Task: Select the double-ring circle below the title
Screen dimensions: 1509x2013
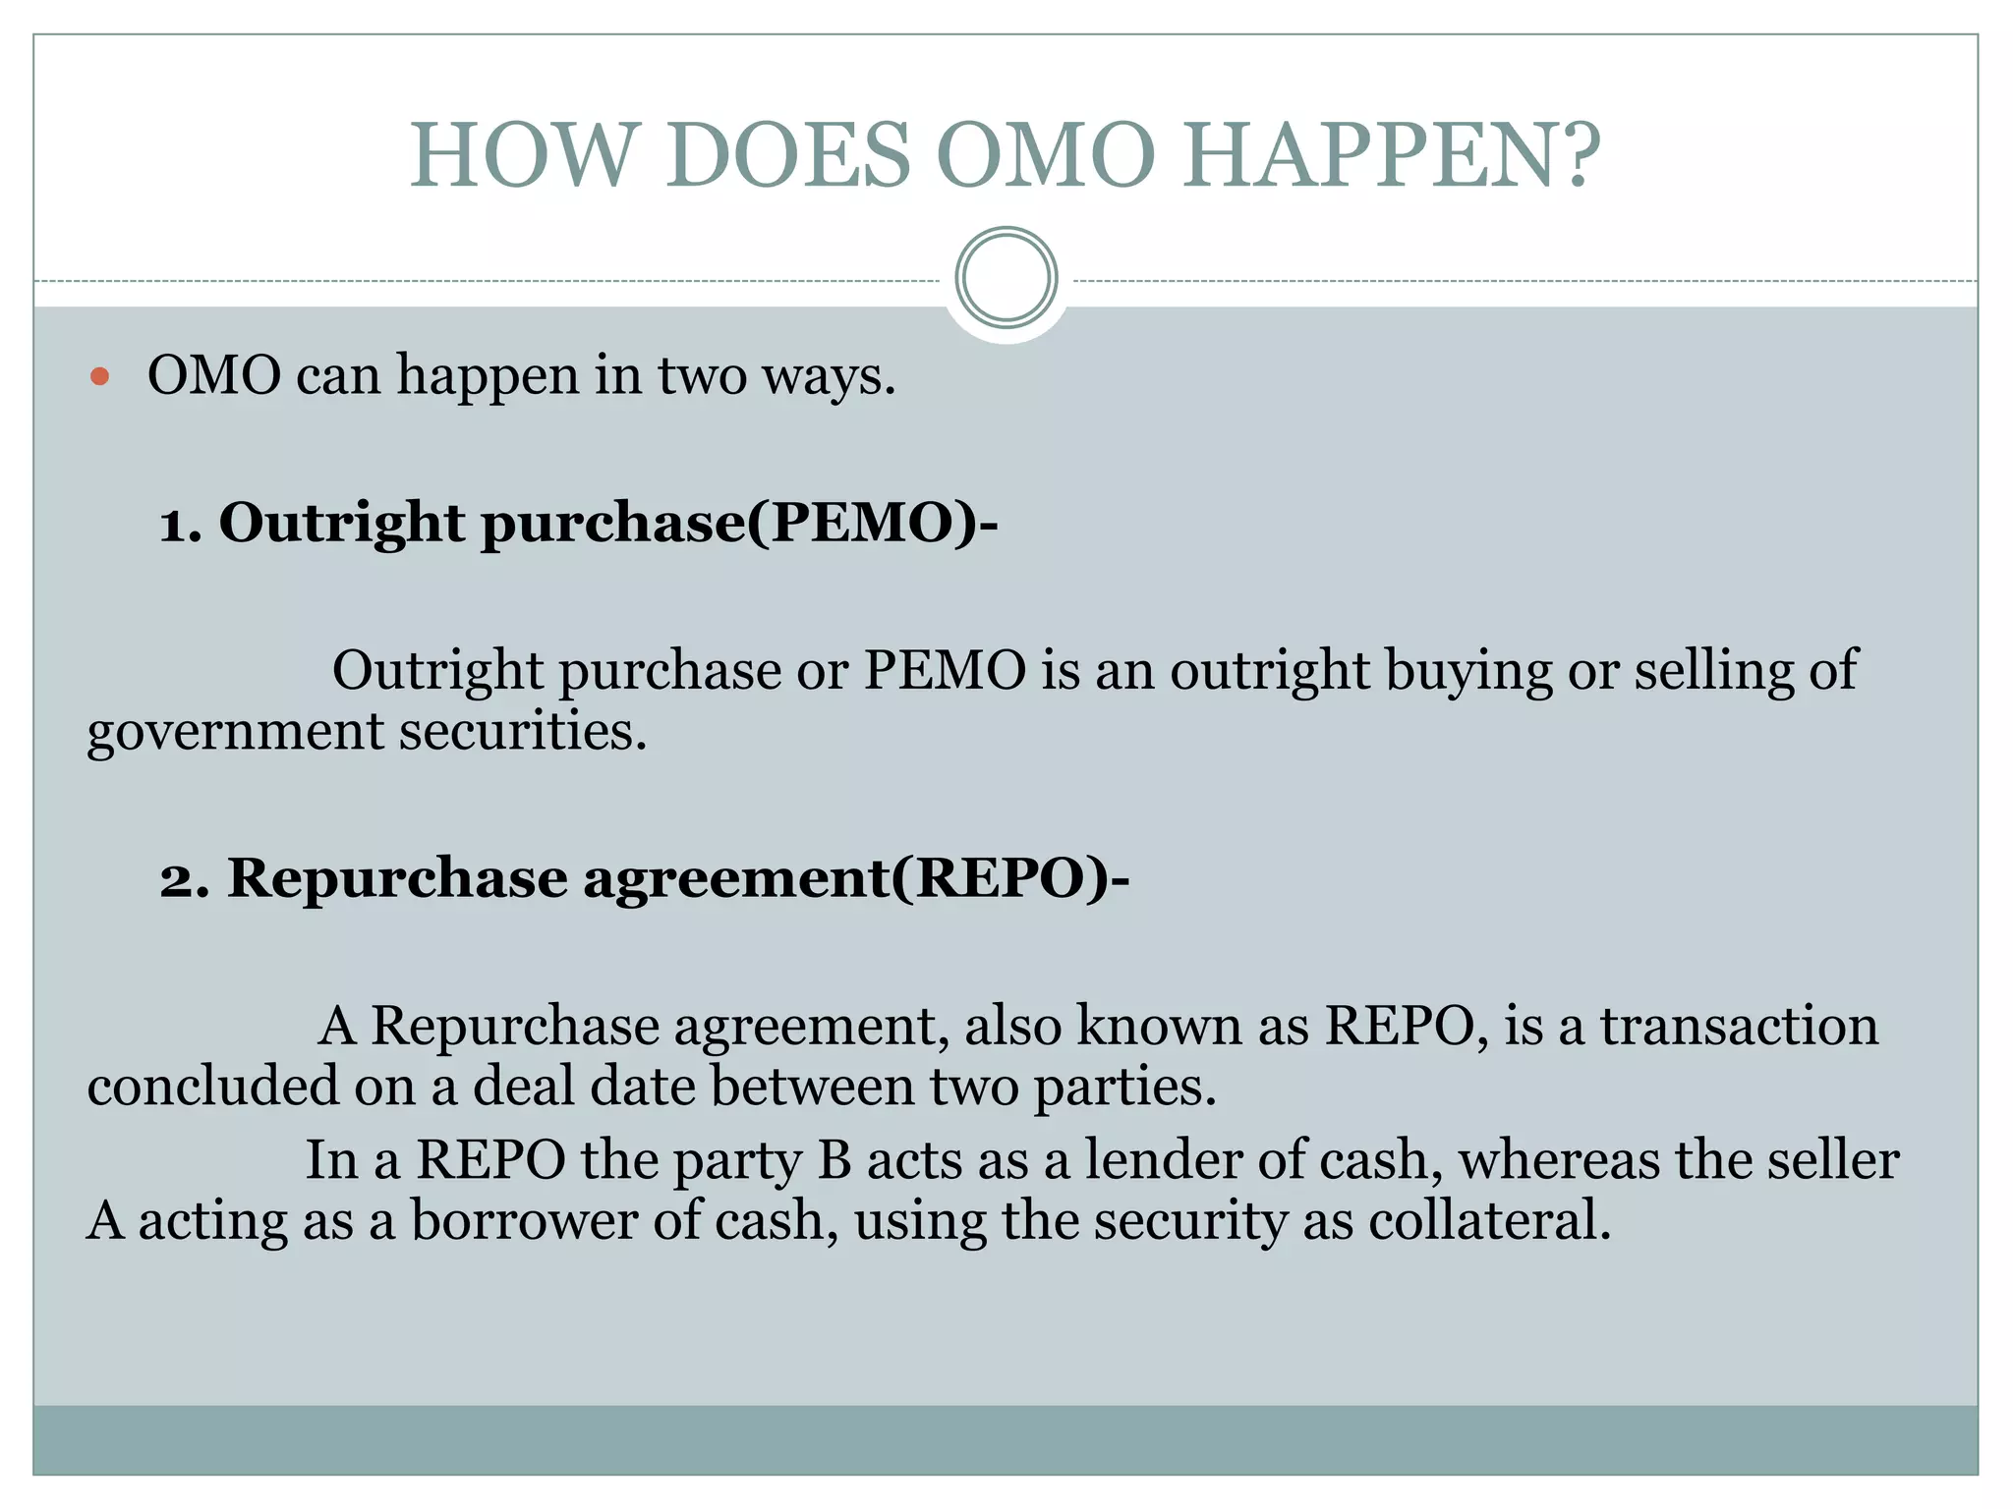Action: [1006, 278]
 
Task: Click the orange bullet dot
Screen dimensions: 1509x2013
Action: [99, 376]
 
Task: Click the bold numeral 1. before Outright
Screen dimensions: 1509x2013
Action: [181, 523]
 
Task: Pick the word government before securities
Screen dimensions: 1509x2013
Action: [235, 733]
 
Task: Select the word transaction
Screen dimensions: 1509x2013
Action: [1739, 1026]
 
